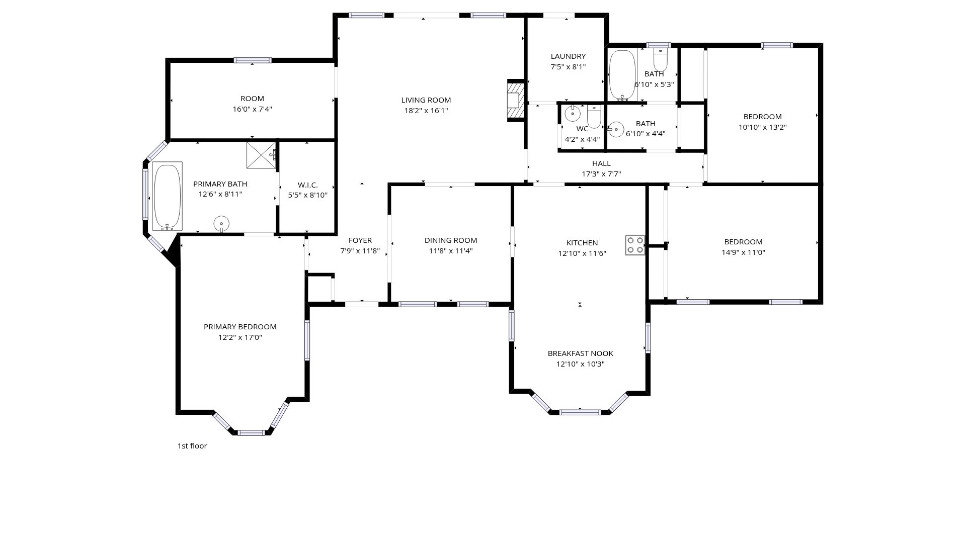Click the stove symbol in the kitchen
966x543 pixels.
coord(635,245)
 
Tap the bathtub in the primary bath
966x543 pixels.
coord(167,196)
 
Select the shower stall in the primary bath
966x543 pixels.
coord(261,155)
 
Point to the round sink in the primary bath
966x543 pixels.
coord(221,223)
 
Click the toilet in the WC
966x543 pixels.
coord(594,116)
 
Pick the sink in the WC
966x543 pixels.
coord(573,114)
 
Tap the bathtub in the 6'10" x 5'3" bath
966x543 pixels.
coord(622,75)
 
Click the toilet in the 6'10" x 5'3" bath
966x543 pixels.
coord(660,60)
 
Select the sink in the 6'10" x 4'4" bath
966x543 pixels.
coord(616,129)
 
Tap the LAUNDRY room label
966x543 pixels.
coord(568,56)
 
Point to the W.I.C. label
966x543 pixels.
coord(308,185)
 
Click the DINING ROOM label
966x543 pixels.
coord(451,240)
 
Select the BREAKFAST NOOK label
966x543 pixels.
coord(581,353)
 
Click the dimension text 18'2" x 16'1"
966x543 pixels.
coord(426,111)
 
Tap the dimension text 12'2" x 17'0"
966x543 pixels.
coord(240,337)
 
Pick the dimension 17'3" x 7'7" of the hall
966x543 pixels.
coord(601,174)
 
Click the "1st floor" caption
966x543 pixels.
coord(192,446)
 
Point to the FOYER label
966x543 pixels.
coord(360,240)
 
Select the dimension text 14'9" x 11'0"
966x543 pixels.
coord(744,252)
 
